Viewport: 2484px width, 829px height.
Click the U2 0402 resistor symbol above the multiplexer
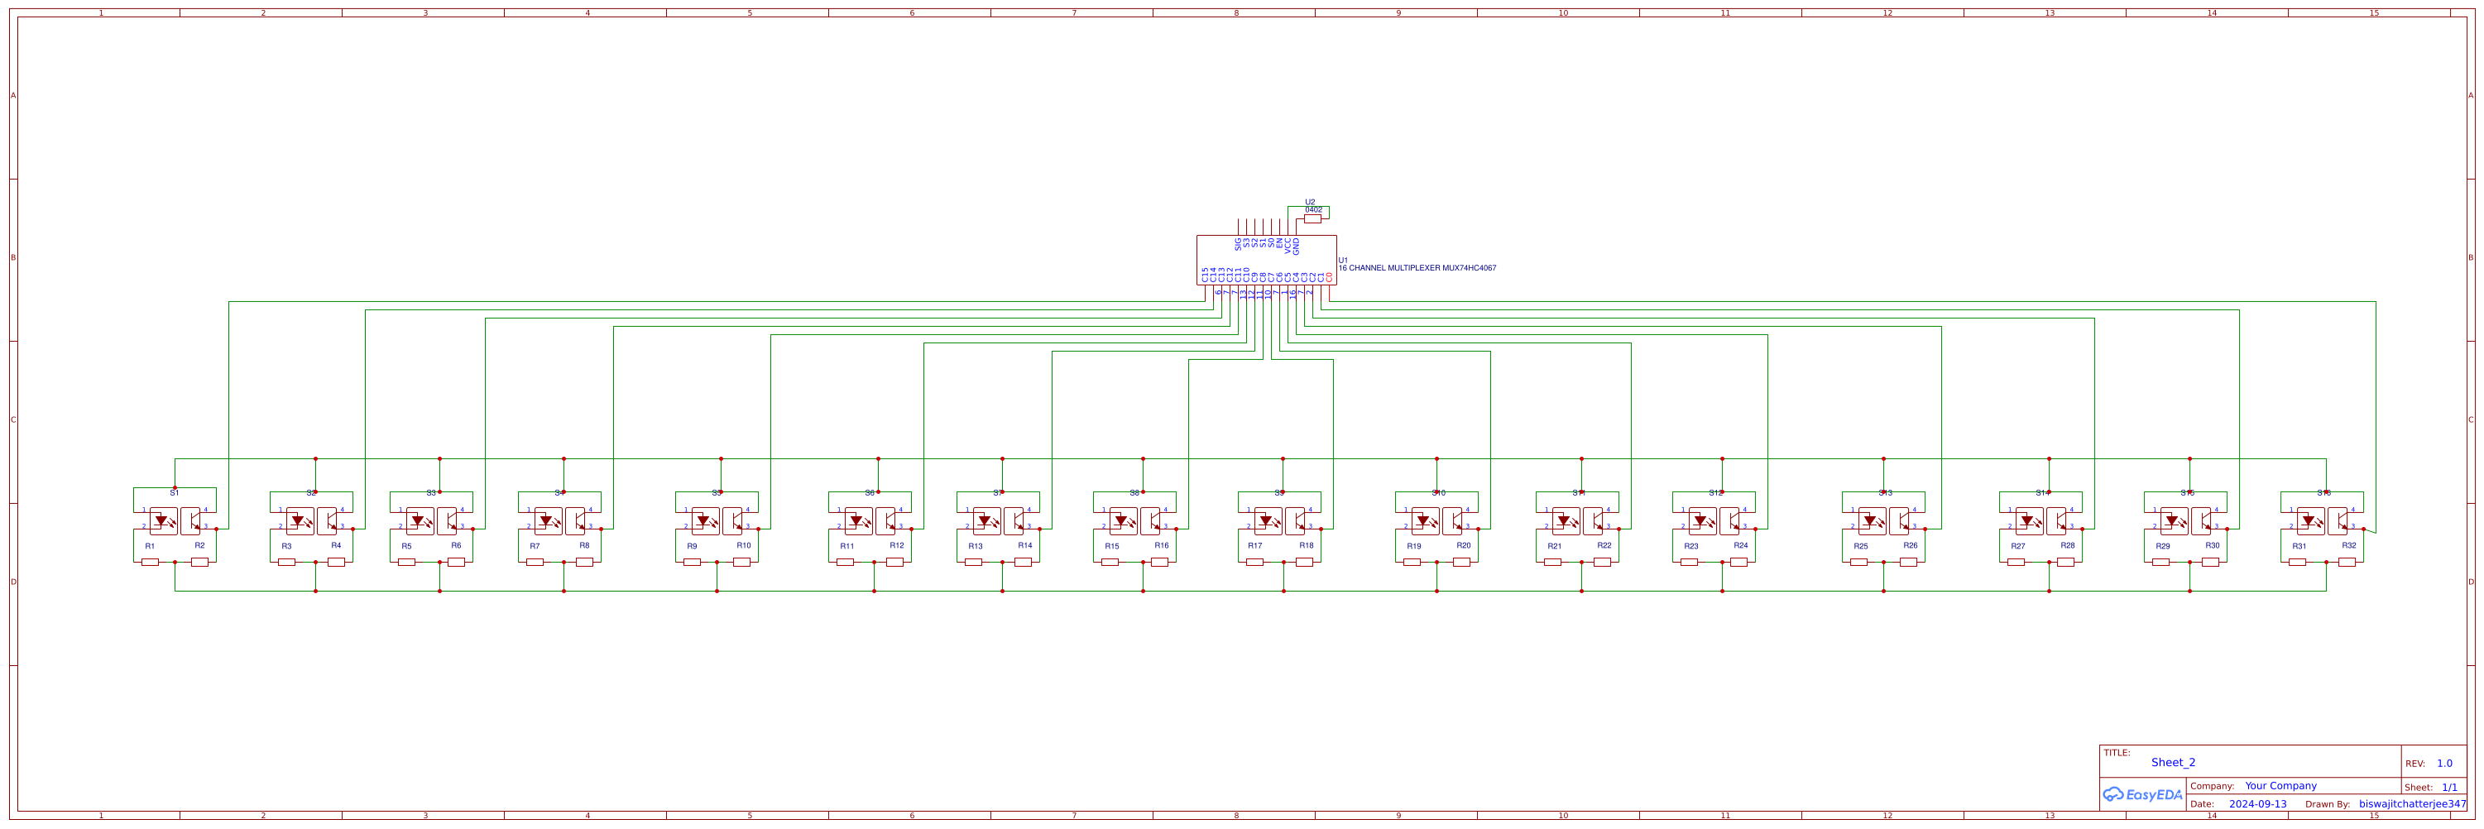click(1312, 218)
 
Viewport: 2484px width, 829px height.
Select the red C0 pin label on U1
click(1329, 276)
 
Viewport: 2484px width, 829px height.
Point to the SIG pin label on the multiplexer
click(1238, 244)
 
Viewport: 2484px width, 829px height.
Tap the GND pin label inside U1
click(1296, 246)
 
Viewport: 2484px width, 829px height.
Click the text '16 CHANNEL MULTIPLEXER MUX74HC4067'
click(1417, 268)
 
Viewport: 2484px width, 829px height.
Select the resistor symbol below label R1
click(150, 562)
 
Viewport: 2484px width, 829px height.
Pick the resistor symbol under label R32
click(2347, 562)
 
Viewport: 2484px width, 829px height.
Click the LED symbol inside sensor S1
click(162, 520)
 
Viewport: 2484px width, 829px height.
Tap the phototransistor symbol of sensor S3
click(447, 520)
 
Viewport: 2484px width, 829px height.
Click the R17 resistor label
click(1254, 545)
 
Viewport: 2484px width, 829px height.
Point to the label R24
click(1740, 545)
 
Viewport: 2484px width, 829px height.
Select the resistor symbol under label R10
click(741, 562)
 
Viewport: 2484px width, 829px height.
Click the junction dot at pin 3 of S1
click(216, 530)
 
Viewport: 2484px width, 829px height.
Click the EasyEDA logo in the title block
click(2142, 794)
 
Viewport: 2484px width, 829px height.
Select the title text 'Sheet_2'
click(2173, 763)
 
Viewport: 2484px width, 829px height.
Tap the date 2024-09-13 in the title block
click(2257, 804)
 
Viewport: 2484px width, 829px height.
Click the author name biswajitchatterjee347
click(2412, 804)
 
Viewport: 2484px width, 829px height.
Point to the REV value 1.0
click(2444, 764)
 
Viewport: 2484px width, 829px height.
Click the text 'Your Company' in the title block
click(2280, 786)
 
